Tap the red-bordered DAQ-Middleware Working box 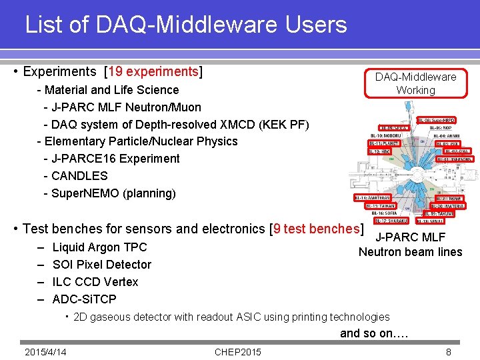click(415, 83)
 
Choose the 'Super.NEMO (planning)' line click(113, 193)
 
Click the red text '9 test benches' click(317, 229)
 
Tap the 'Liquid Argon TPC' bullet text click(100, 247)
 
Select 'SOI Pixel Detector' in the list click(102, 265)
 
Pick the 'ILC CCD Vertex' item click(95, 282)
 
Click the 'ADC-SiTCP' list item click(85, 299)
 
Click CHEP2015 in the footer click(238, 352)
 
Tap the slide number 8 click(449, 352)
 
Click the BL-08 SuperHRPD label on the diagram click(436, 121)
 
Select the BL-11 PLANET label click(384, 143)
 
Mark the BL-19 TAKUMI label click(439, 214)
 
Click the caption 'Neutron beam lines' click(410, 252)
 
